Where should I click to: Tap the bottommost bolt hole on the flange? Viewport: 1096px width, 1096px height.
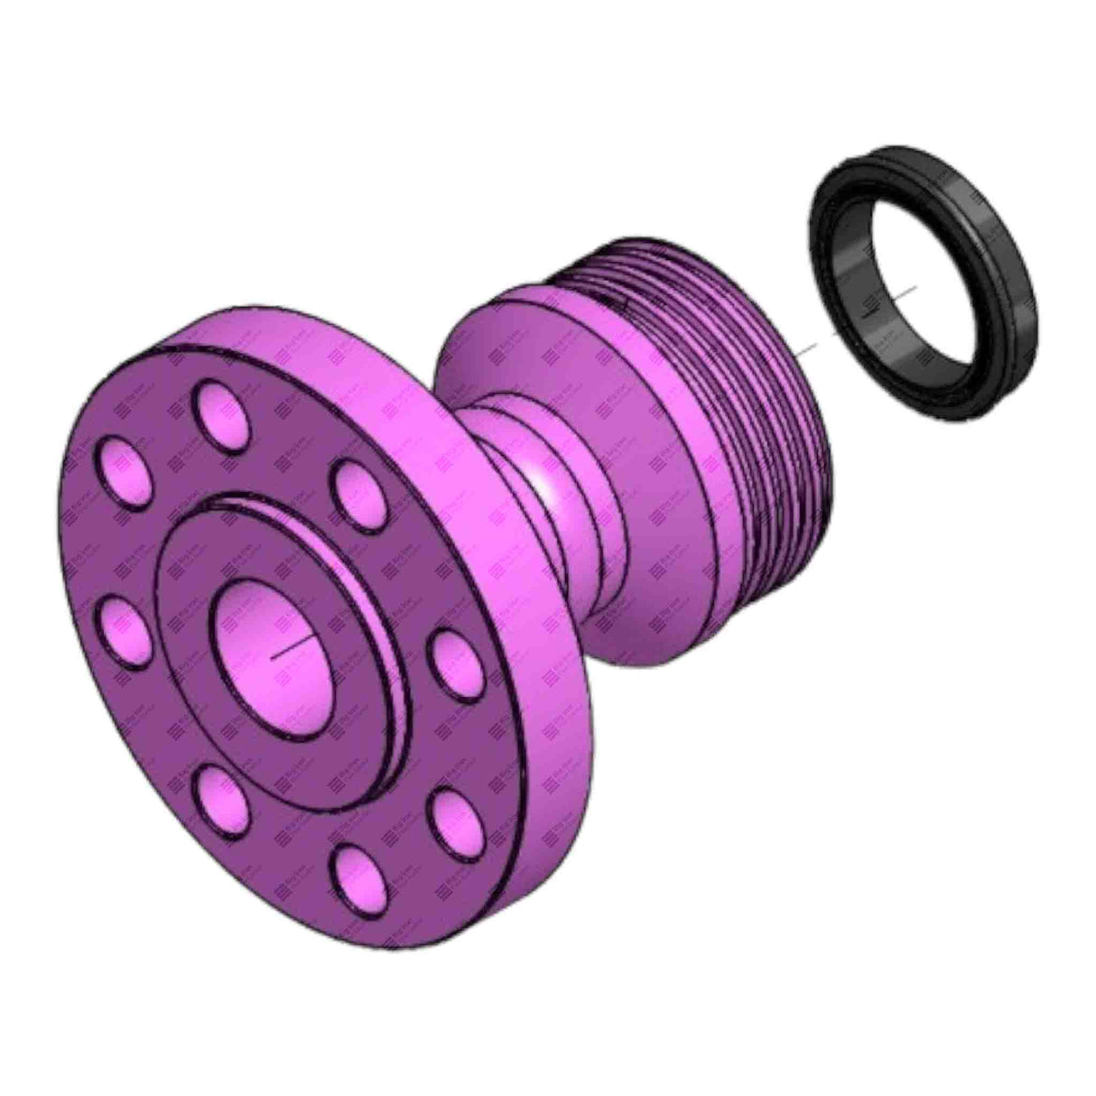358,876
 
